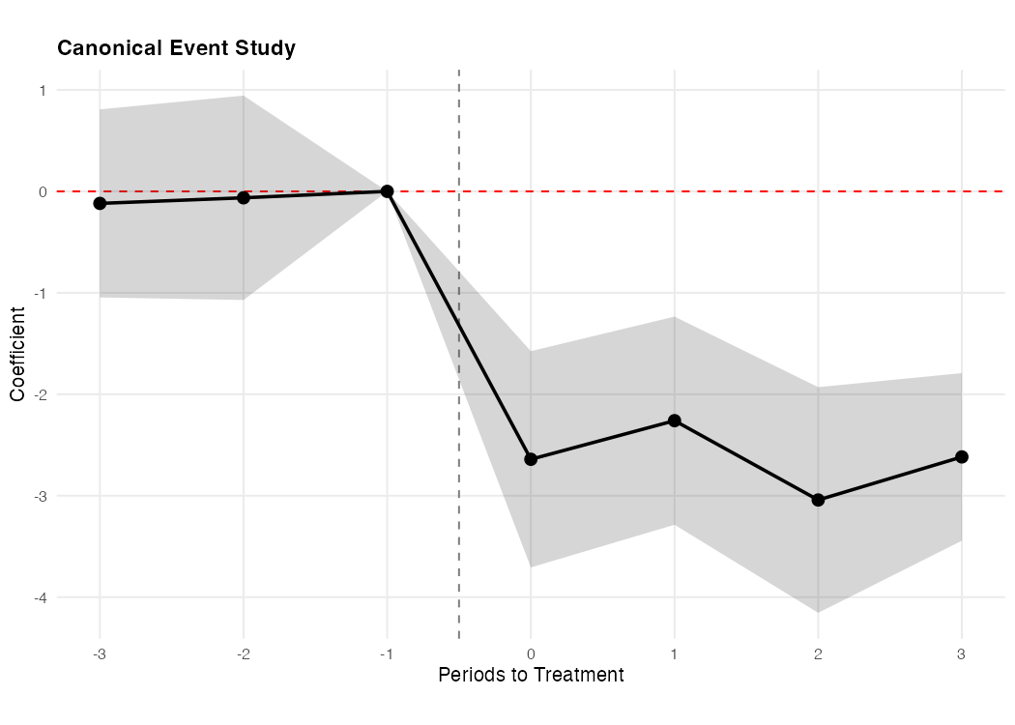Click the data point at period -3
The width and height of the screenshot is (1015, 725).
(100, 204)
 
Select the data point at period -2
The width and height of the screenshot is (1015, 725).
(244, 197)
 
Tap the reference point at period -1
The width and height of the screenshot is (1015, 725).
(387, 191)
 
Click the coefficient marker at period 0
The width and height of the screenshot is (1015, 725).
(531, 459)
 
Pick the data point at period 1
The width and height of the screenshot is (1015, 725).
(675, 420)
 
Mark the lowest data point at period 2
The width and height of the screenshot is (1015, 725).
(818, 500)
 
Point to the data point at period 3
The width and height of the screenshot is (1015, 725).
(962, 456)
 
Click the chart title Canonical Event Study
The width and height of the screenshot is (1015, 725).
(176, 48)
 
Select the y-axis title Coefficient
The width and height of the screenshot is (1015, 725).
(17, 354)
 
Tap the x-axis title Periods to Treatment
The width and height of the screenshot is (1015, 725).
(531, 675)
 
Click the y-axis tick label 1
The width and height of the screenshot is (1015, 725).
(43, 90)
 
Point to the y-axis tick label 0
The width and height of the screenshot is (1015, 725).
(43, 191)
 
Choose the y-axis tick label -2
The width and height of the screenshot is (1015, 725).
(42, 394)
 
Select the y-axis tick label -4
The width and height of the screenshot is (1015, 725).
(42, 597)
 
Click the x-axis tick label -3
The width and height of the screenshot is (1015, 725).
(99, 652)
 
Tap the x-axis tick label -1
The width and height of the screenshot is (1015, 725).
(386, 652)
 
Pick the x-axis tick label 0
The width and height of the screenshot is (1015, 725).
(531, 652)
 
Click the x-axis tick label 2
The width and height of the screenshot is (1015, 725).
(818, 652)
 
